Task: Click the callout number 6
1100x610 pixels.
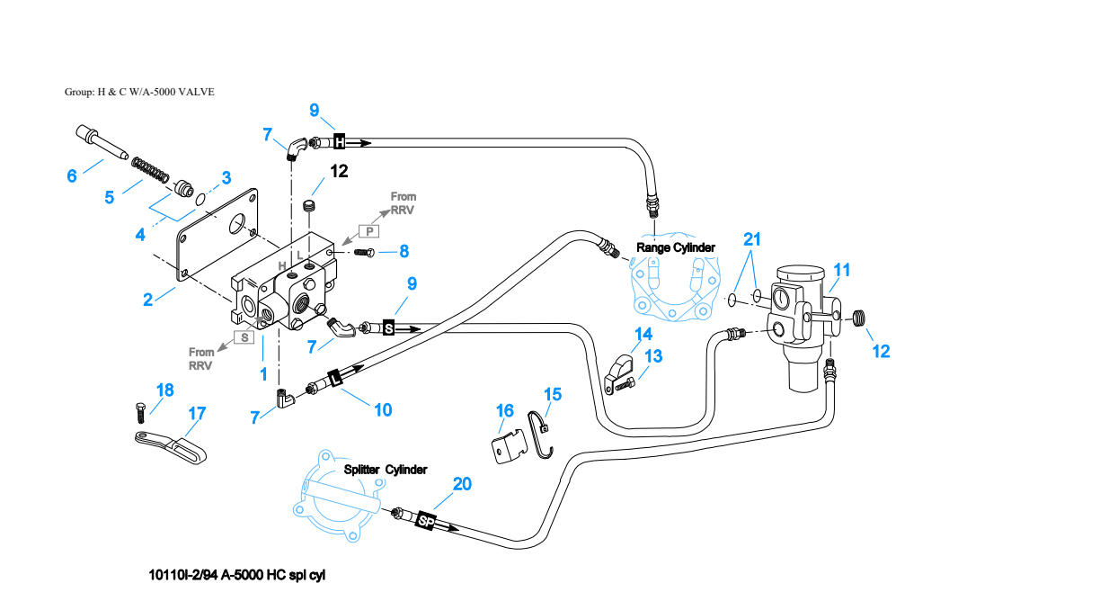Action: click(x=72, y=175)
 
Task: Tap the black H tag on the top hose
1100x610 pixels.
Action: click(x=340, y=141)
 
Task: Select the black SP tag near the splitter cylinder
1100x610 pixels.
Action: click(x=426, y=521)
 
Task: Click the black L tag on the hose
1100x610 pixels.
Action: click(x=335, y=378)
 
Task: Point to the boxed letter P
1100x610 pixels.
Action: click(x=369, y=231)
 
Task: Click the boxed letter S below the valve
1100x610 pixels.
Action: click(x=244, y=337)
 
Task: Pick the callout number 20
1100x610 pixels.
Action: click(x=462, y=484)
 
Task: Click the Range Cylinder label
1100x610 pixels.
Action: click(x=676, y=247)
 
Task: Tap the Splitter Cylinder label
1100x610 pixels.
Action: click(x=386, y=470)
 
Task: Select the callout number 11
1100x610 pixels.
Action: click(x=842, y=270)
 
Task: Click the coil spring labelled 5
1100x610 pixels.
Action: click(x=150, y=168)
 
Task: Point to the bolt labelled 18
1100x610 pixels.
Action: click(x=140, y=413)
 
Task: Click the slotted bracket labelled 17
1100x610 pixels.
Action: click(x=171, y=447)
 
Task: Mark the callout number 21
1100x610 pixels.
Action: click(x=752, y=239)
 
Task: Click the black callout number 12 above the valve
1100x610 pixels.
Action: click(x=339, y=171)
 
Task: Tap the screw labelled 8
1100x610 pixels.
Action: click(x=364, y=253)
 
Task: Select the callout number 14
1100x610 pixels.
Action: click(x=643, y=335)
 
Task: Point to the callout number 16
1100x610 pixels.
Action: click(x=505, y=410)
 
